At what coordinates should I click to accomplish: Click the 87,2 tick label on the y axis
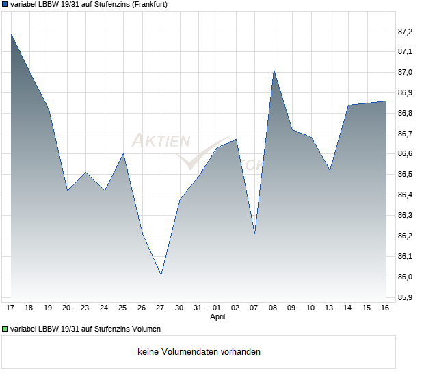pyautogui.click(x=405, y=32)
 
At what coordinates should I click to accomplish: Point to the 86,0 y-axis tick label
pyautogui.click(x=405, y=277)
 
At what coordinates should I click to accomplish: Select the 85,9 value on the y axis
pyautogui.click(x=405, y=298)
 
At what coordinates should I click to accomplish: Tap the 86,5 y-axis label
pyautogui.click(x=405, y=175)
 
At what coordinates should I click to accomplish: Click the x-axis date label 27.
pyautogui.click(x=161, y=308)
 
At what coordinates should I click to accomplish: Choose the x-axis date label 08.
pyautogui.click(x=274, y=308)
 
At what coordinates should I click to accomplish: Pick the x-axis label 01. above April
pyautogui.click(x=217, y=308)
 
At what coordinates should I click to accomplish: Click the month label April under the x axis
pyautogui.click(x=217, y=317)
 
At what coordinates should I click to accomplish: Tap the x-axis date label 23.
pyautogui.click(x=85, y=308)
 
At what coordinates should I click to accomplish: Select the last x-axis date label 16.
pyautogui.click(x=386, y=308)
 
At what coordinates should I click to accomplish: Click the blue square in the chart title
pyautogui.click(x=5, y=4)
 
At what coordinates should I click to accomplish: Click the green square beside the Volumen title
pyautogui.click(x=5, y=329)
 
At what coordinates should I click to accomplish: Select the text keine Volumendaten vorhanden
pyautogui.click(x=199, y=352)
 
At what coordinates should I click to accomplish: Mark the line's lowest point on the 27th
pyautogui.click(x=161, y=275)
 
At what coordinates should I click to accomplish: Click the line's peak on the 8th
pyautogui.click(x=274, y=71)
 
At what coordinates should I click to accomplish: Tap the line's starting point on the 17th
pyautogui.click(x=11, y=34)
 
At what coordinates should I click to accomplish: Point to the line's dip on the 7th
pyautogui.click(x=254, y=234)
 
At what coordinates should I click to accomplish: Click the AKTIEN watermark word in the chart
pyautogui.click(x=161, y=141)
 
